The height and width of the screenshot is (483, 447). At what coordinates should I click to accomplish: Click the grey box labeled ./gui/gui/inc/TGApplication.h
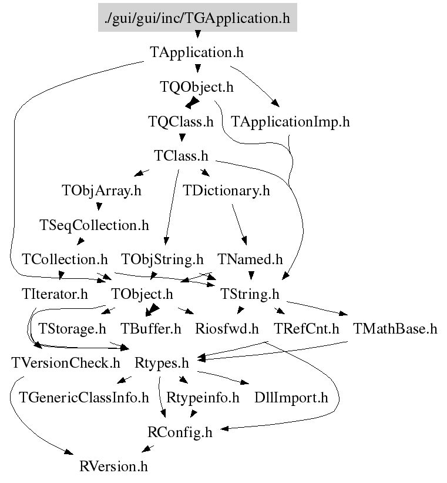point(197,18)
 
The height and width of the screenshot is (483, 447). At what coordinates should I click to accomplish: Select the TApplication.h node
point(197,52)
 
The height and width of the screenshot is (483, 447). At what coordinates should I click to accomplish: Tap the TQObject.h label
point(197,87)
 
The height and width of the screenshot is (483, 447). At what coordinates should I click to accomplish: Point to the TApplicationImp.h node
point(290,122)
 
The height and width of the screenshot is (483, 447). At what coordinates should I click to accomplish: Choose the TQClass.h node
point(181,122)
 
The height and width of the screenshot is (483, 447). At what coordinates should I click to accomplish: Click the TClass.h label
point(181,156)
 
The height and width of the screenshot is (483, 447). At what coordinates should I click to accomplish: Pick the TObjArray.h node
point(102,191)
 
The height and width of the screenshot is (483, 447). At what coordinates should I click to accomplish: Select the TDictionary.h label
point(226,191)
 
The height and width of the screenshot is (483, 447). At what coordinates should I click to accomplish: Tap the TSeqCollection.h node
point(94,225)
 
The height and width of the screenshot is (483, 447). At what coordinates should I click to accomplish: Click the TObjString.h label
point(163,259)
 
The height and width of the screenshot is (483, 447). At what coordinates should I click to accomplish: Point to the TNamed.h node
point(250,259)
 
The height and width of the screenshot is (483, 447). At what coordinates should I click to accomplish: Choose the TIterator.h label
point(55,294)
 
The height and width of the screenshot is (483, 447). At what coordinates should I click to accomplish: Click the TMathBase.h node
point(395,329)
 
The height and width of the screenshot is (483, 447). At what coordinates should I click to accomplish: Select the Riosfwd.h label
point(227,329)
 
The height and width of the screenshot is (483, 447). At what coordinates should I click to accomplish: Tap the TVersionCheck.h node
point(66,363)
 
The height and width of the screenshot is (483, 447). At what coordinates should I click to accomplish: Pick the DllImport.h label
point(291,398)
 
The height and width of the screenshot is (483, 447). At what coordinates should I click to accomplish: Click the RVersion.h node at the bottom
point(114,467)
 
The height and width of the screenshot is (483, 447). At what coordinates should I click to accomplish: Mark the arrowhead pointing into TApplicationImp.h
point(275,103)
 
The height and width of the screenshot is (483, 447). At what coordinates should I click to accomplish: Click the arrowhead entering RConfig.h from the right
point(224,428)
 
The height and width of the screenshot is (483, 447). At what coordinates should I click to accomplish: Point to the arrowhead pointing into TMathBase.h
point(344,314)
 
